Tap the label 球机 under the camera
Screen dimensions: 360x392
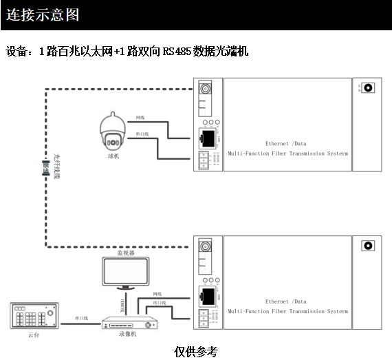tap(113, 156)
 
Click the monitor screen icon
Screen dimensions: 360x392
tap(124, 271)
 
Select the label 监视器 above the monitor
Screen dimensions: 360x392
tap(124, 253)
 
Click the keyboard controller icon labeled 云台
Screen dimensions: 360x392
tap(34, 317)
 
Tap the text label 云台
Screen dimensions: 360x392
tap(33, 335)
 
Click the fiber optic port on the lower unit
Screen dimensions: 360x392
tap(204, 247)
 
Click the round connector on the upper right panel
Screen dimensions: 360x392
tap(368, 88)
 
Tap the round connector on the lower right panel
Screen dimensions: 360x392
tap(368, 245)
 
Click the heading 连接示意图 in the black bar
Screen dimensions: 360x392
tap(43, 14)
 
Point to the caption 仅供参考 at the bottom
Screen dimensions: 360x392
tap(196, 351)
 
